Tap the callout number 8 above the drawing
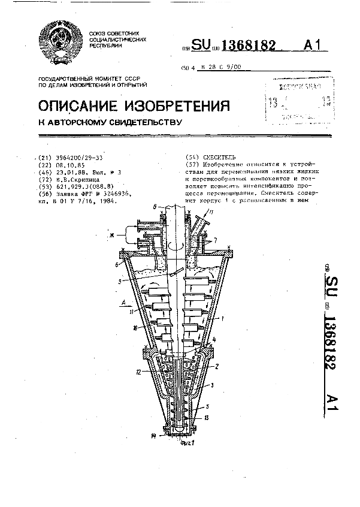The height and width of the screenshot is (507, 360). pyautogui.click(x=155, y=207)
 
